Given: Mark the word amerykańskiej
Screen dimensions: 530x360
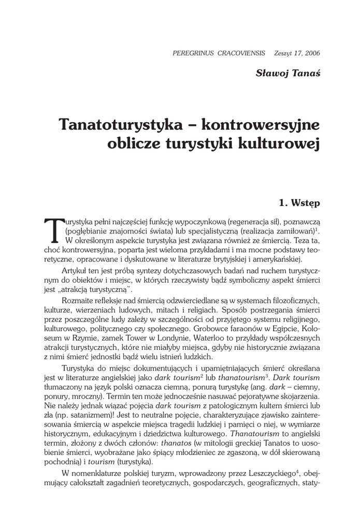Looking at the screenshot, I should pos(278,260).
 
